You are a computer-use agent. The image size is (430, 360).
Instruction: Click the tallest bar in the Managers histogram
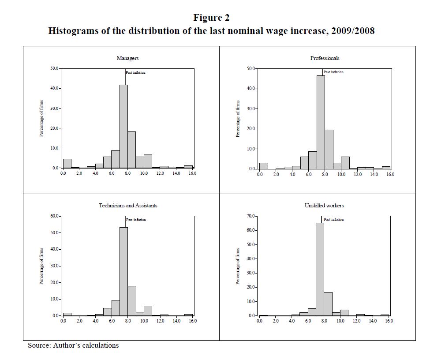click(123, 126)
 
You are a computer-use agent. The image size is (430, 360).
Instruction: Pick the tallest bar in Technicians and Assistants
click(123, 271)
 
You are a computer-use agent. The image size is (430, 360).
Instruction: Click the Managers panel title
click(127, 58)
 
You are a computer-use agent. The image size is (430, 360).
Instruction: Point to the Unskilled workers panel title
click(324, 206)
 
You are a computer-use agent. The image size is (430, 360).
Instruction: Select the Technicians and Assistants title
click(128, 206)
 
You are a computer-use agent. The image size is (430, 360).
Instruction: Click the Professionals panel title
click(325, 58)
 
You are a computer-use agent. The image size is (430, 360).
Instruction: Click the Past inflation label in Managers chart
click(136, 72)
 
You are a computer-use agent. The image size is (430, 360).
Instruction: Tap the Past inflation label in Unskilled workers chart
click(333, 220)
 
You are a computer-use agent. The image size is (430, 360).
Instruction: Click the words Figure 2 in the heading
click(211, 18)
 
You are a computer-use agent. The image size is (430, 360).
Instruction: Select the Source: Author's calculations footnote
click(73, 345)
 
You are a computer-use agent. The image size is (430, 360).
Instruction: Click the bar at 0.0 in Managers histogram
click(67, 163)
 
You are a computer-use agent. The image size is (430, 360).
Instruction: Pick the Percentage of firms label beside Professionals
click(238, 119)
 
